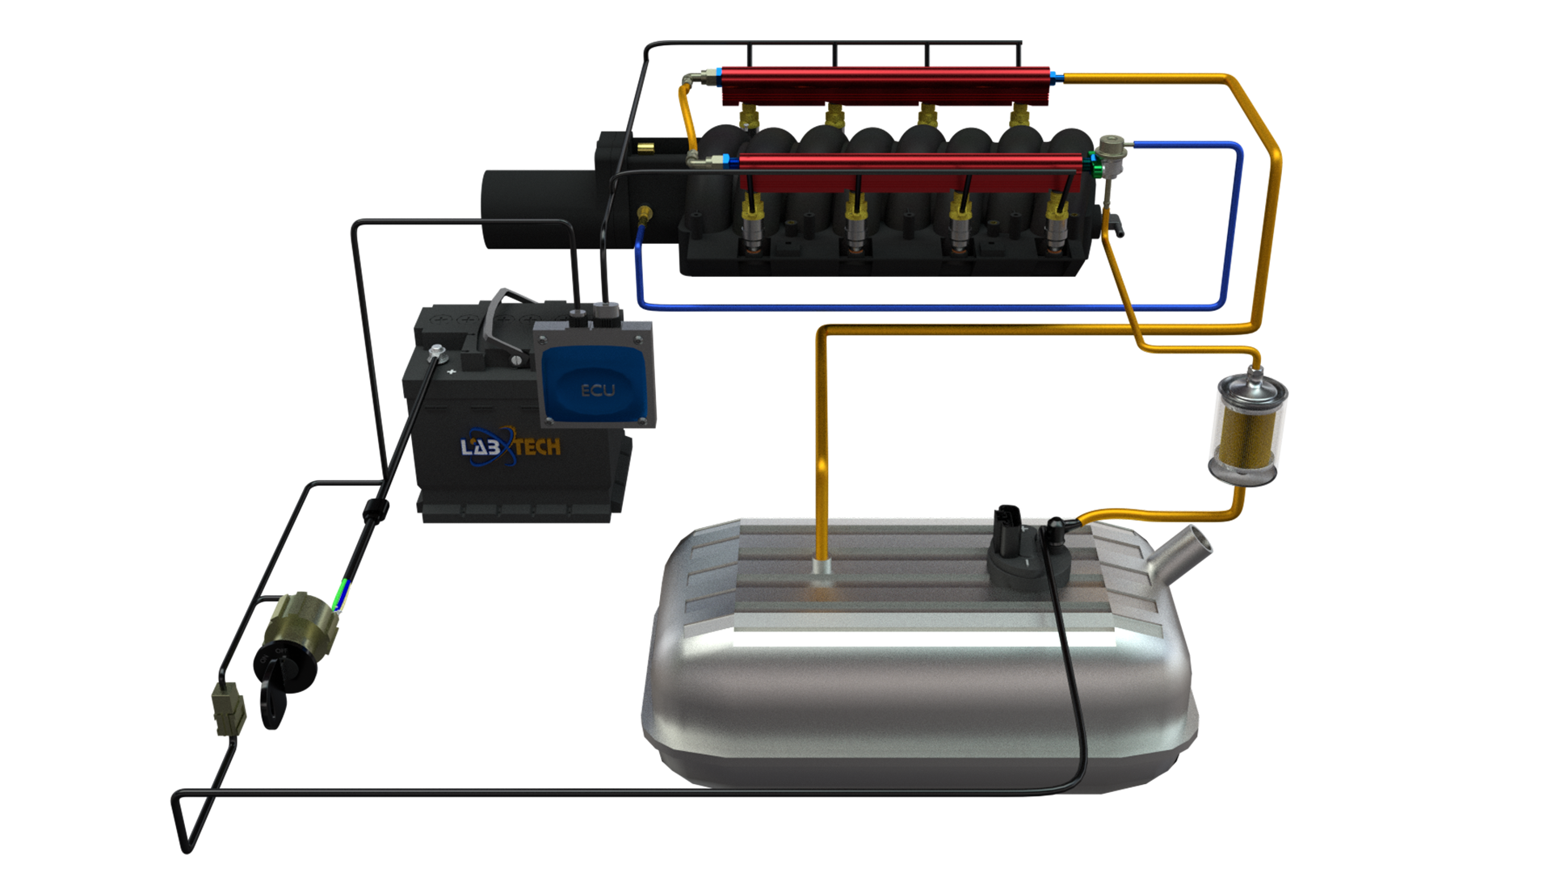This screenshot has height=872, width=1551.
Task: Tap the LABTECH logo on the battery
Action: click(511, 446)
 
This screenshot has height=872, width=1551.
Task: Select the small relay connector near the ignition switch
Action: click(229, 710)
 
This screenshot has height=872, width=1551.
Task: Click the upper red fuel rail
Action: click(885, 86)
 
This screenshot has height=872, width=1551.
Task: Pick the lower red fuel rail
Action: click(910, 172)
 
